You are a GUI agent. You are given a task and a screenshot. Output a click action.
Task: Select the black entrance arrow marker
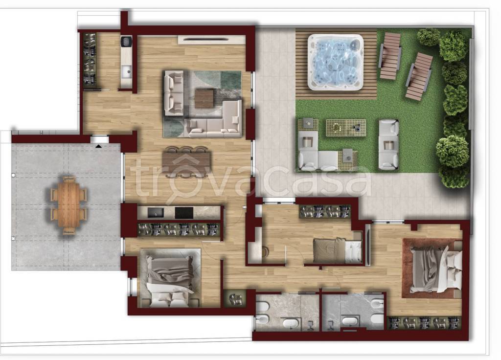point(99,146)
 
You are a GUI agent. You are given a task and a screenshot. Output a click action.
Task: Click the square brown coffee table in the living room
point(204,98)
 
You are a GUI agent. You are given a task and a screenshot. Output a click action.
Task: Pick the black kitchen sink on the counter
point(155,213)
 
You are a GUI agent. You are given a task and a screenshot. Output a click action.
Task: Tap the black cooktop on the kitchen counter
point(184,213)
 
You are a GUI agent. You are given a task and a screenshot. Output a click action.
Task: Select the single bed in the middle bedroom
point(338,250)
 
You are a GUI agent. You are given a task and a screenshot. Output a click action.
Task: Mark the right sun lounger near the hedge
point(419,77)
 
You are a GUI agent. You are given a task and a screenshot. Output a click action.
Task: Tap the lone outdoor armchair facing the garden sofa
point(388,144)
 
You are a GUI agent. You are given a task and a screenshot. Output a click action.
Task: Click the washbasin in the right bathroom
point(350,321)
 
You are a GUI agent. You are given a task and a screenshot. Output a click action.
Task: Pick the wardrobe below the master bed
point(424,323)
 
